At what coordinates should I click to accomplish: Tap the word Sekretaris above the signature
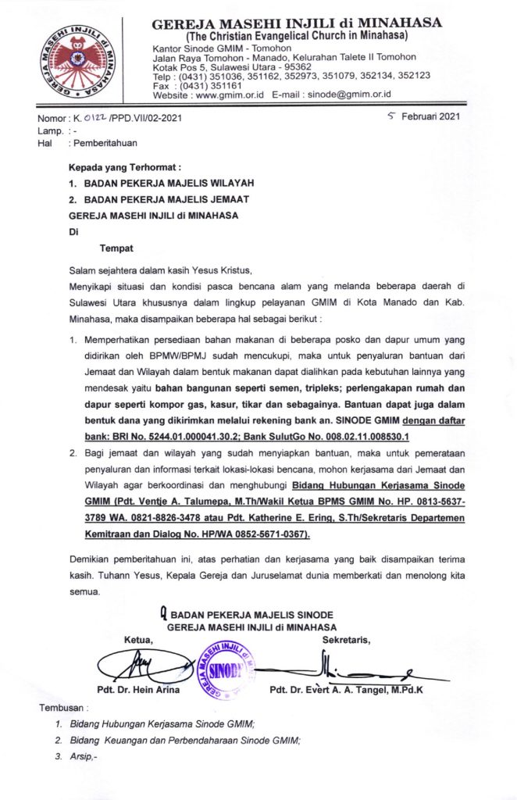click(x=346, y=641)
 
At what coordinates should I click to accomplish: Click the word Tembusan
click(x=59, y=709)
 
